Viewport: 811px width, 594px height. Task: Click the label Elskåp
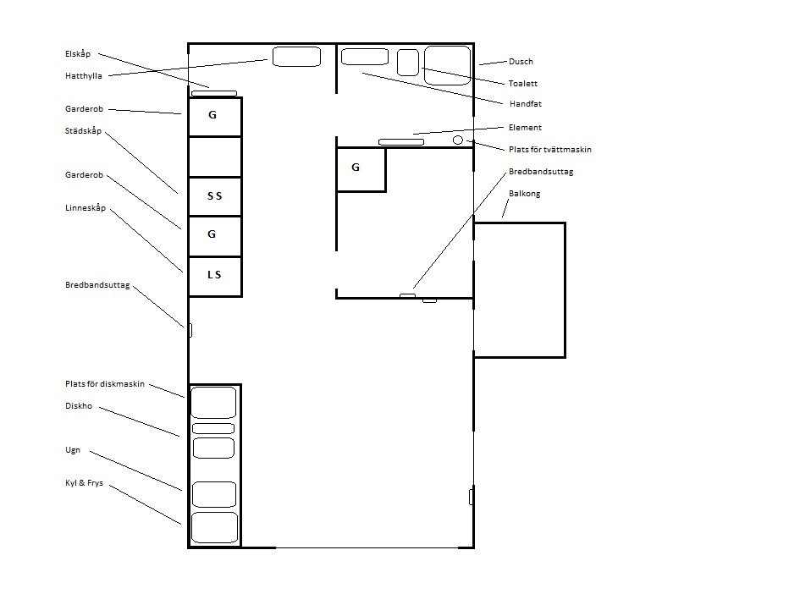coord(78,54)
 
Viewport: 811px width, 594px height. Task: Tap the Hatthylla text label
coord(83,76)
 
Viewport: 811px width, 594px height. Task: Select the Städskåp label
coord(83,131)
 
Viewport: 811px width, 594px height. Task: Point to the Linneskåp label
coord(86,208)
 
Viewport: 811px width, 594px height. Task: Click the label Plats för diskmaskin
coord(105,384)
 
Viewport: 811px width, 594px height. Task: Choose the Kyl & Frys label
coord(85,483)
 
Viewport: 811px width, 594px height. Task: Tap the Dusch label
coord(521,62)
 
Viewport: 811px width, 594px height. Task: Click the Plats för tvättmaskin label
coord(549,150)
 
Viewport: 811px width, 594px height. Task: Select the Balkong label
coord(525,194)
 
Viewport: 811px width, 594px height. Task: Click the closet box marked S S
coord(215,196)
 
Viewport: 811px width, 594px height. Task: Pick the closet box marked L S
coord(215,276)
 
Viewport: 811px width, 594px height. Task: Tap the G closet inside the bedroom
coord(361,169)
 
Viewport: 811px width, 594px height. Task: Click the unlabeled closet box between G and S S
coord(215,157)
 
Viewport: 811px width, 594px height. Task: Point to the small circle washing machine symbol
coord(458,140)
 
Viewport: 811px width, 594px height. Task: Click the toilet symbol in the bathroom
coord(407,63)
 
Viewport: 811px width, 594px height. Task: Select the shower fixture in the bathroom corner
coord(447,65)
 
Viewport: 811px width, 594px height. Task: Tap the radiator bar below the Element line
coord(401,142)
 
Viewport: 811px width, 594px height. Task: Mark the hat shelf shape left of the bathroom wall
coord(296,57)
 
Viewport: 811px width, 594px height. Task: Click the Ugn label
coord(73,450)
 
